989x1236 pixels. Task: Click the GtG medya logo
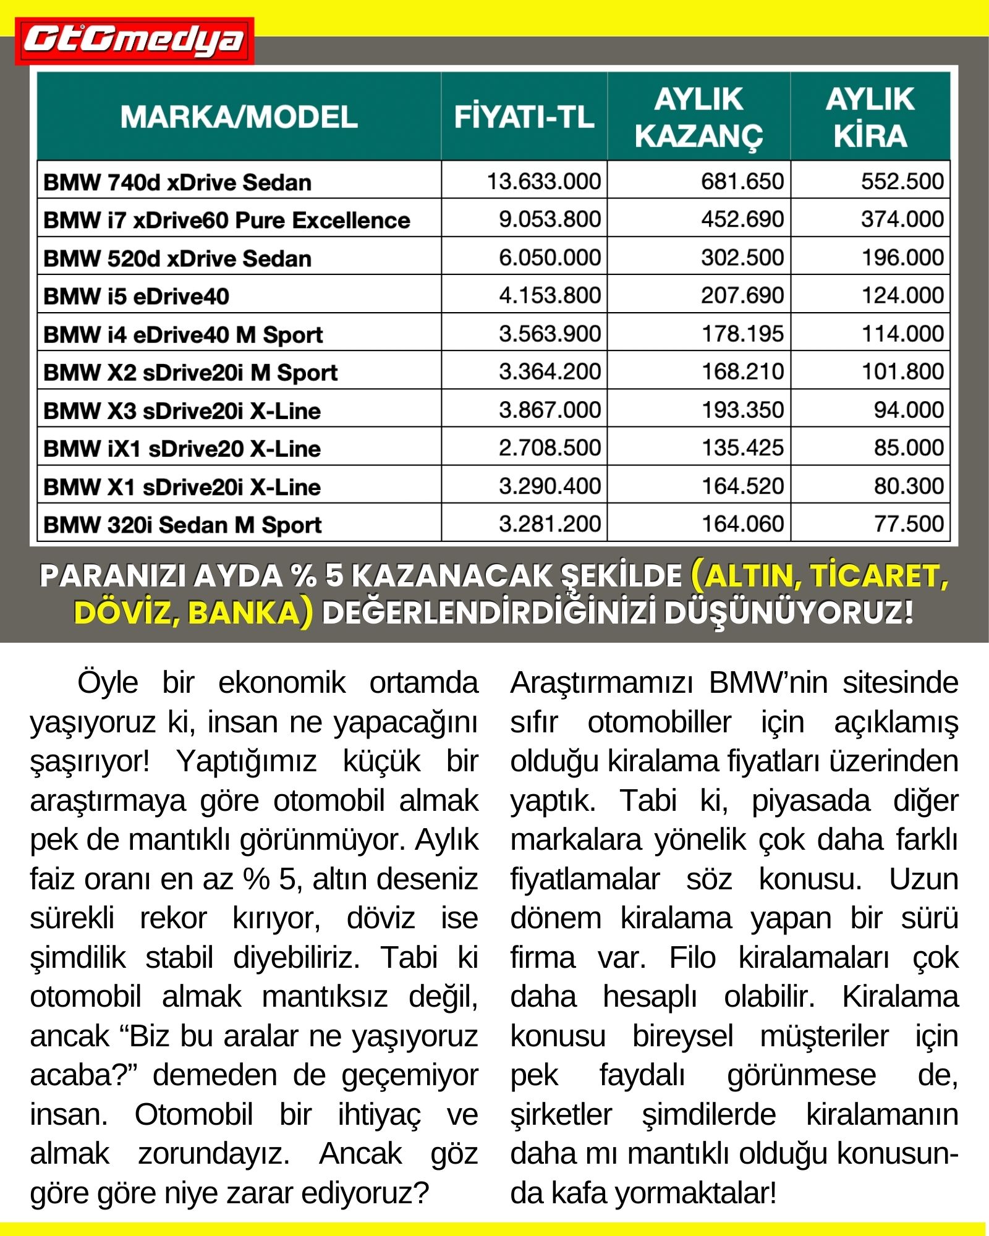(134, 41)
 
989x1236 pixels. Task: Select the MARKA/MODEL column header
(239, 117)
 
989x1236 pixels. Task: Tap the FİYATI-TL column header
(524, 117)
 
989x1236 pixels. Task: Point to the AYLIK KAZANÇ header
(698, 117)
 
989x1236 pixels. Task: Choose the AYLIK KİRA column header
(870, 117)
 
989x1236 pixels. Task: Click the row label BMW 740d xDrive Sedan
(177, 182)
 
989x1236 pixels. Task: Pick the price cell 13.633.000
(543, 181)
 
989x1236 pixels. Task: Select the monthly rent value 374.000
(902, 219)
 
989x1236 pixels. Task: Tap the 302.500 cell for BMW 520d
(742, 257)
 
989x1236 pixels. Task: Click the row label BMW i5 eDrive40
(136, 297)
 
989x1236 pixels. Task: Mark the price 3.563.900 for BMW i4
(550, 334)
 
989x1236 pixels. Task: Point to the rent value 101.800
(902, 371)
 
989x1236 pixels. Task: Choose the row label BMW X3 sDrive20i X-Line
(182, 411)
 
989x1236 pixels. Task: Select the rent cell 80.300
(908, 486)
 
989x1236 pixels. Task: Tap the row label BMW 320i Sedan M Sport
(182, 525)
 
